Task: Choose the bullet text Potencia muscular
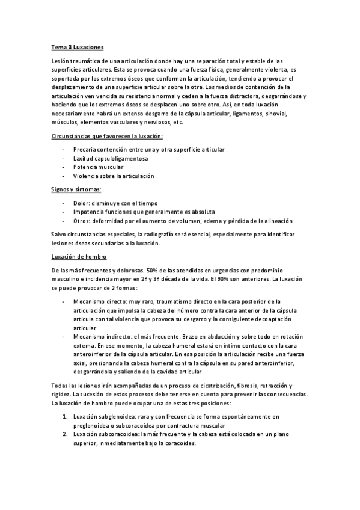99,167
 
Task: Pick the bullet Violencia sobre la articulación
114,176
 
